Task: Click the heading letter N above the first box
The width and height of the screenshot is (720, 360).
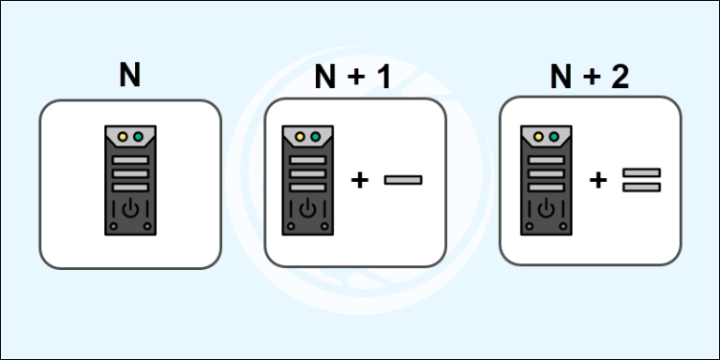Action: pos(129,75)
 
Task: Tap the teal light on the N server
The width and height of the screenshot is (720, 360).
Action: pos(138,137)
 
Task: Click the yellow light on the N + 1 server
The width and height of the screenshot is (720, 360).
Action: pos(301,138)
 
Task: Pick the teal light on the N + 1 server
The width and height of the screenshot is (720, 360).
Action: pos(316,138)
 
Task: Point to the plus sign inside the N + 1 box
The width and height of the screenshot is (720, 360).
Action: pos(359,179)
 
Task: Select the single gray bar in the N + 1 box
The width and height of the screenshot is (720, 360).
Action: pos(403,179)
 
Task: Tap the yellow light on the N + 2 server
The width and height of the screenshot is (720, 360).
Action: pos(539,138)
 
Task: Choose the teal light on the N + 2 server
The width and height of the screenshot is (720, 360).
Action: pos(554,138)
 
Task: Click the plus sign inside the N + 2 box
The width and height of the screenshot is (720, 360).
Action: pos(598,179)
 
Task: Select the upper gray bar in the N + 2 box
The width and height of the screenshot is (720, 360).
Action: pos(642,172)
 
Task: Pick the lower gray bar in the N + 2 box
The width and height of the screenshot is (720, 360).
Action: pos(642,187)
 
